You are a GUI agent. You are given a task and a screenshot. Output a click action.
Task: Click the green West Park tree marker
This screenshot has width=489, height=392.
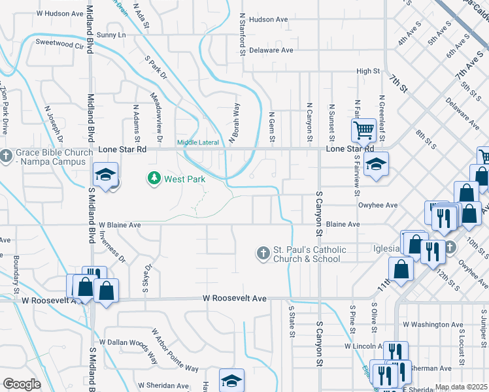tap(154, 178)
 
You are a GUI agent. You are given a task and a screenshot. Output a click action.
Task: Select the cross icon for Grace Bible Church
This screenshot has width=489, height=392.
tap(6, 155)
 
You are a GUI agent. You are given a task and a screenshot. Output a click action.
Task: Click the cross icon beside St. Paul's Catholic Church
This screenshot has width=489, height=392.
tap(263, 253)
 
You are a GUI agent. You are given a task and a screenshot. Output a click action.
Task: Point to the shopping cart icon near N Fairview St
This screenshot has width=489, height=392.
tap(363, 129)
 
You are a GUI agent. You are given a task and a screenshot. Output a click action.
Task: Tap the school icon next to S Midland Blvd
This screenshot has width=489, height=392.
tap(105, 174)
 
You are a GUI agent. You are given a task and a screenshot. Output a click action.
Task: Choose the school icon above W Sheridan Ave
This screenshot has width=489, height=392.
tap(231, 380)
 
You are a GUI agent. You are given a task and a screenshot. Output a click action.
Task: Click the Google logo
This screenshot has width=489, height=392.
tap(22, 384)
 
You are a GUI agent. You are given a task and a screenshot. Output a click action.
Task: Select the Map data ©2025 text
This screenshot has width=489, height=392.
tap(460, 387)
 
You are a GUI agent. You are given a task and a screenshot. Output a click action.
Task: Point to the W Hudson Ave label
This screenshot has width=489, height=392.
tap(60, 12)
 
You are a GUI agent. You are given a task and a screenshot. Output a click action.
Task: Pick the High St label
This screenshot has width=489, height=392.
tap(368, 71)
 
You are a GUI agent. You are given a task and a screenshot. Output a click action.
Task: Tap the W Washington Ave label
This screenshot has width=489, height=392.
tap(432, 324)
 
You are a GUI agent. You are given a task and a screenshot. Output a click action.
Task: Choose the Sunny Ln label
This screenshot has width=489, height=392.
tap(110, 34)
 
